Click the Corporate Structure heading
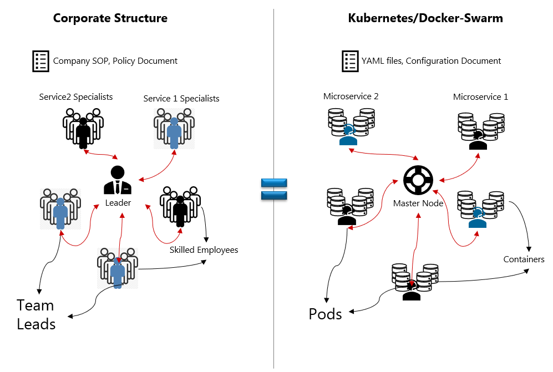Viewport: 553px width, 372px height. tap(110, 18)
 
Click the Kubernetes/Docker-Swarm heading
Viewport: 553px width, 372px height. tap(425, 18)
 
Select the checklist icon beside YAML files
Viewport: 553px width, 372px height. tap(349, 61)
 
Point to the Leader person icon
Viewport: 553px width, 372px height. tap(118, 180)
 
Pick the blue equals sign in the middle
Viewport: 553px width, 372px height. tap(273, 188)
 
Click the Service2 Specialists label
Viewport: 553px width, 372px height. tap(76, 97)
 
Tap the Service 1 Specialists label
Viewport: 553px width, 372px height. tap(181, 99)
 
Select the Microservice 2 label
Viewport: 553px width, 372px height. tap(351, 96)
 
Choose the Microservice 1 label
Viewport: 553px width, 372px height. tap(480, 96)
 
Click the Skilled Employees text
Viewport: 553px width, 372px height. tap(204, 250)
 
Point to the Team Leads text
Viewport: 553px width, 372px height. tap(36, 314)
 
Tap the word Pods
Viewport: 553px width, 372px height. tap(325, 314)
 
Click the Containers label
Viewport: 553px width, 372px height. tap(524, 259)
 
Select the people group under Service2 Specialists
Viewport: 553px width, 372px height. tap(83, 128)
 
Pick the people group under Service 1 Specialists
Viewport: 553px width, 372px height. tap(174, 128)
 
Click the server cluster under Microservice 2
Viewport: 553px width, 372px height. tap(349, 127)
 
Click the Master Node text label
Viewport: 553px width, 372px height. tap(418, 203)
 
